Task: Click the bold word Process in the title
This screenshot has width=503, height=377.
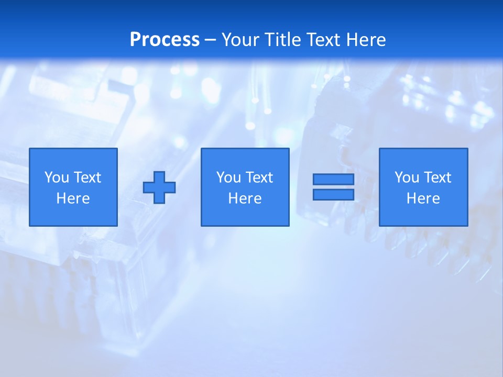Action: click(x=165, y=40)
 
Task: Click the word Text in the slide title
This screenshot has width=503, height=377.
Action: click(x=322, y=40)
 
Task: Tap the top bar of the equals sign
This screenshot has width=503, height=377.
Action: click(x=333, y=180)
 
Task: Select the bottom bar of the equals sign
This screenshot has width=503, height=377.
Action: click(x=333, y=195)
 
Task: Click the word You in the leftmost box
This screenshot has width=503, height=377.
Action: click(x=57, y=178)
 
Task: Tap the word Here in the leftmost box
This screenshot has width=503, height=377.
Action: click(x=73, y=198)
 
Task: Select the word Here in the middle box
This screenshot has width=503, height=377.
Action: click(x=245, y=198)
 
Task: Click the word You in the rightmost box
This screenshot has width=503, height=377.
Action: click(x=407, y=178)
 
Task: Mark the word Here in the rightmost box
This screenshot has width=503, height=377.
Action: click(x=423, y=198)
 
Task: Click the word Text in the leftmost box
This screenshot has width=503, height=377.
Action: click(x=87, y=178)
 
